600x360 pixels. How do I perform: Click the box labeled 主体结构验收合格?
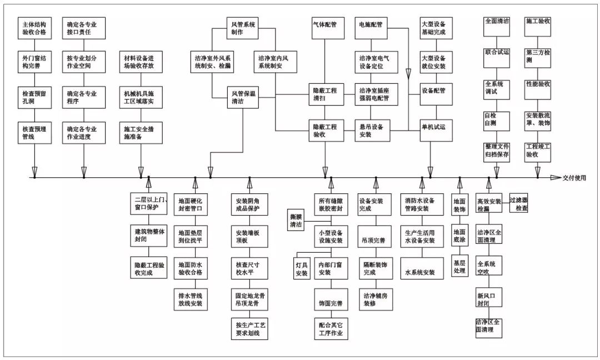click(34, 28)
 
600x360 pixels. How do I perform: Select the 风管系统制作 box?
click(242, 28)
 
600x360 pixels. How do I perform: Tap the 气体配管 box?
click(325, 25)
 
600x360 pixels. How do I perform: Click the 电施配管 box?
click(371, 25)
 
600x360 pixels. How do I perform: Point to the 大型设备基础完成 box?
click(433, 28)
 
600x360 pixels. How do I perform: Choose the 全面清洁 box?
click(496, 21)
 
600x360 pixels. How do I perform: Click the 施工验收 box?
click(538, 21)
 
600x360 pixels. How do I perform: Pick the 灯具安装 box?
click(301, 268)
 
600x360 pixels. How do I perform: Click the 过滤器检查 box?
click(518, 203)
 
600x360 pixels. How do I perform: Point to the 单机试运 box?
click(433, 127)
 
